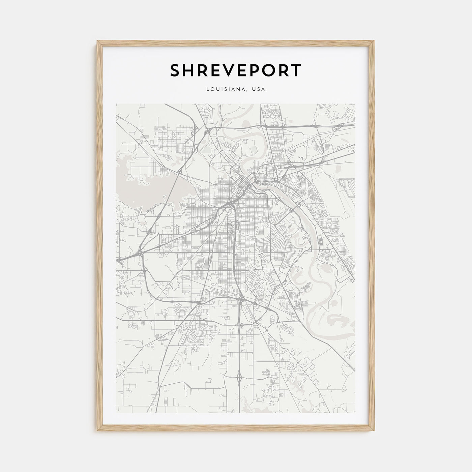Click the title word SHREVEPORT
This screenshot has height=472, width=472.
(236, 70)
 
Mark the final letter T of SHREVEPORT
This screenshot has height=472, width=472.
(295, 70)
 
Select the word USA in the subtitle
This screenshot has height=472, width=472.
(260, 89)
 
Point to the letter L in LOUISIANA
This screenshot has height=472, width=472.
(208, 89)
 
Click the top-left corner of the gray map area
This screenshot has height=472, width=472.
(116, 104)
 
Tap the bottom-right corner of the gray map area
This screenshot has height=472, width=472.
(355, 413)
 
